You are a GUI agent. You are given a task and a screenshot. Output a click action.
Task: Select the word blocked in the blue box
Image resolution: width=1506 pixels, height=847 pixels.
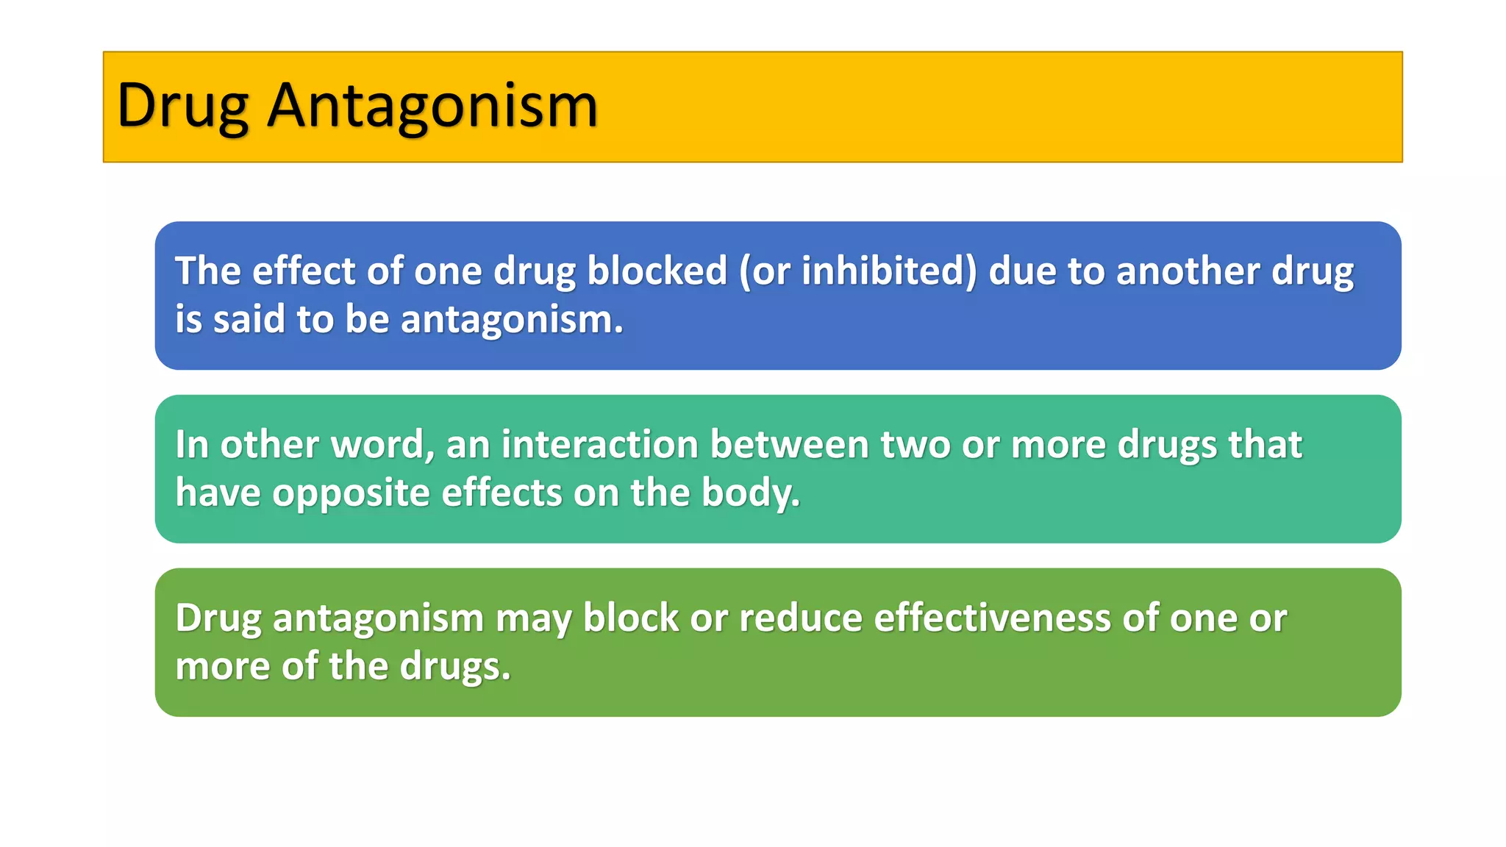(x=657, y=271)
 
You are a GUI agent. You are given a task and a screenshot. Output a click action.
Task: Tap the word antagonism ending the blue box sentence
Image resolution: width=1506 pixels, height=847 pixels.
(x=511, y=321)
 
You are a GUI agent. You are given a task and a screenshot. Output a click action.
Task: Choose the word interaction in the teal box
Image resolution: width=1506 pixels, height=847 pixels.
(x=599, y=444)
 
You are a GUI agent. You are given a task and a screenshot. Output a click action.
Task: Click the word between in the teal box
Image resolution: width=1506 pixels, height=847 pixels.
(x=790, y=444)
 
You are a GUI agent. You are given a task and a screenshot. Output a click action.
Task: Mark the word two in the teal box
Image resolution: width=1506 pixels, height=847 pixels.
(x=915, y=444)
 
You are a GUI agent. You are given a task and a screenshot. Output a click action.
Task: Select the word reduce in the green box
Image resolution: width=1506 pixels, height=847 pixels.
(x=800, y=618)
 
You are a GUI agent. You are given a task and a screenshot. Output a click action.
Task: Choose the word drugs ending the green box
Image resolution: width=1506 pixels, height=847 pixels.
(x=454, y=667)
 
